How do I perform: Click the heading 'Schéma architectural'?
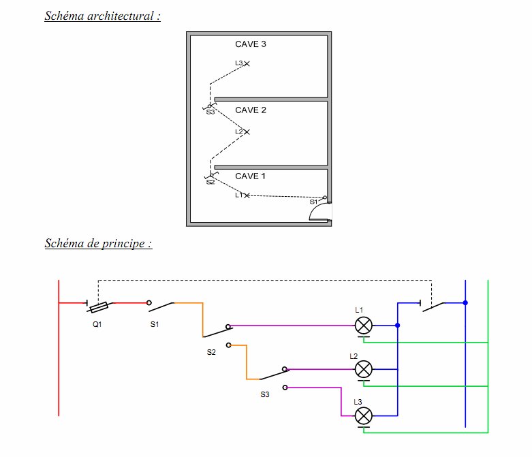[x=102, y=16]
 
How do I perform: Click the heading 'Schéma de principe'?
[x=98, y=243]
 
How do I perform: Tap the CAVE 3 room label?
[x=251, y=44]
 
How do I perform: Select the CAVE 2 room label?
[x=251, y=110]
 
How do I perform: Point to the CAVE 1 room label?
[x=250, y=176]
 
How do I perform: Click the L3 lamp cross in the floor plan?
[x=247, y=63]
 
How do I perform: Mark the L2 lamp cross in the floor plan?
[x=247, y=132]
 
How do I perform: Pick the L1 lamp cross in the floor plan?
[x=247, y=195]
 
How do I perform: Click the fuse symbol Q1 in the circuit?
[x=99, y=307]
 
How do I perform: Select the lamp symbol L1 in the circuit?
[x=363, y=326]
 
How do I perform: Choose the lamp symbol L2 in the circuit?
[x=363, y=369]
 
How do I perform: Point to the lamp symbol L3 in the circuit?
[x=363, y=416]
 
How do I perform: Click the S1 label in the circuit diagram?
[x=155, y=324]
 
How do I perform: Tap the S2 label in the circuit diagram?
[x=211, y=352]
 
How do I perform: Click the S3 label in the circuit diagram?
[x=265, y=394]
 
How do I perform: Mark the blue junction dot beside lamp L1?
[x=398, y=326]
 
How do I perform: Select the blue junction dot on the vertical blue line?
[x=465, y=302]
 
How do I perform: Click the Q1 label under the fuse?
[x=97, y=324]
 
